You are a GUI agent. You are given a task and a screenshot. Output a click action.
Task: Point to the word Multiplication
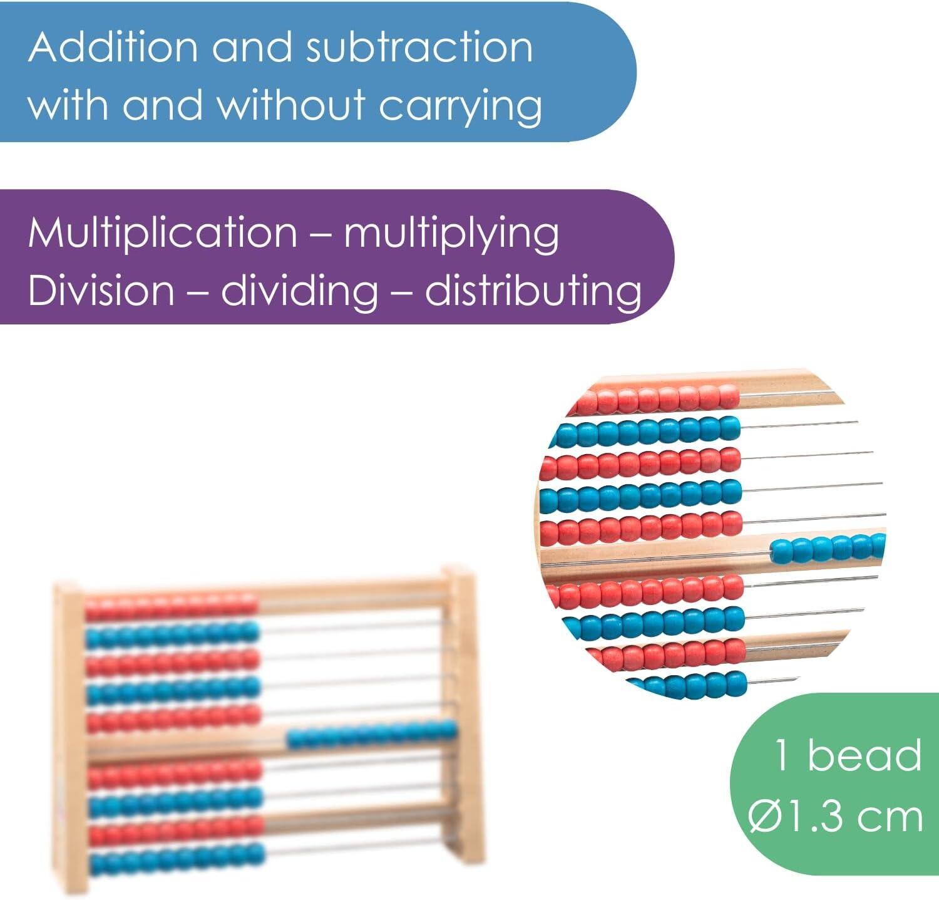pyautogui.click(x=163, y=233)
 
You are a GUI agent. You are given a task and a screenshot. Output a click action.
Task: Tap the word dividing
pyautogui.click(x=299, y=291)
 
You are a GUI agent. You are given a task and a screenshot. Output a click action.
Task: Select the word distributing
pyautogui.click(x=533, y=291)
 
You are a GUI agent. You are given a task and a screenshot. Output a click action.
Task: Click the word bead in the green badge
pyautogui.click(x=865, y=755)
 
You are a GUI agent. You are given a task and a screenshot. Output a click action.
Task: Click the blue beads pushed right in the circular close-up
pyautogui.click(x=828, y=548)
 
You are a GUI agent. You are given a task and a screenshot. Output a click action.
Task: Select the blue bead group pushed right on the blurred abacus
pyautogui.click(x=372, y=734)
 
